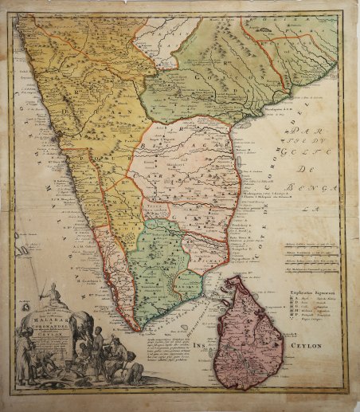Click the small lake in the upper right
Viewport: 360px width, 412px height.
coord(262,29)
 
